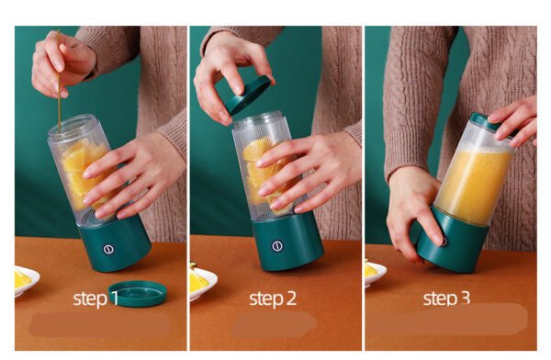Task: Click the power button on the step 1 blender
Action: coord(108,249)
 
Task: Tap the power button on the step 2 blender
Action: coord(277,246)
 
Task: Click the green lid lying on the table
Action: coord(138,293)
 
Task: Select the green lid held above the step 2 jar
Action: coord(249,95)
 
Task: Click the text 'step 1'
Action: coord(96,298)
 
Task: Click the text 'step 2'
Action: coord(273,298)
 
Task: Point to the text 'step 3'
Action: coord(446,298)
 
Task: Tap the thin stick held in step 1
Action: coord(59,82)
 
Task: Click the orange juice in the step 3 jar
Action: coord(473,182)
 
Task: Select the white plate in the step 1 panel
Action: coord(27,280)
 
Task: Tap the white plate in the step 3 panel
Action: coord(375,275)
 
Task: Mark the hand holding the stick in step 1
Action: coord(63,63)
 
